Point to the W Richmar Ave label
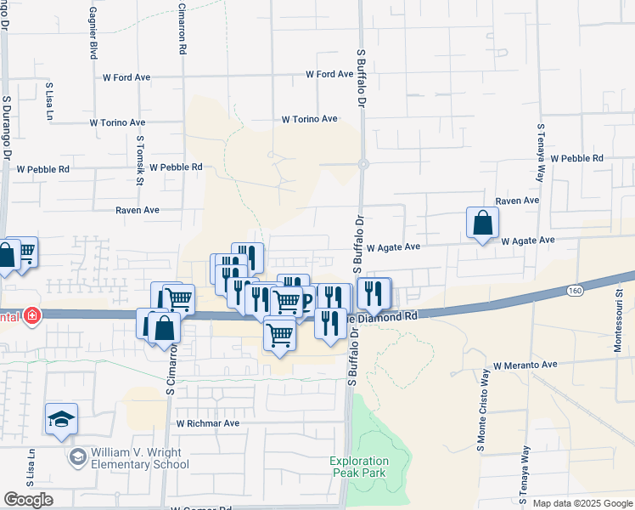(x=208, y=422)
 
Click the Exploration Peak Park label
(x=357, y=467)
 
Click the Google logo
(x=29, y=499)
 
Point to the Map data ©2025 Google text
(x=582, y=503)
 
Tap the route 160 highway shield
(x=575, y=291)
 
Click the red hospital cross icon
(x=32, y=316)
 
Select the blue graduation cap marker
(x=62, y=419)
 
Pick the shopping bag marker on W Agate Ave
(x=482, y=224)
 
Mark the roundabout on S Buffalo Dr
(x=362, y=164)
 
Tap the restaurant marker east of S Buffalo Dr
(x=373, y=294)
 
